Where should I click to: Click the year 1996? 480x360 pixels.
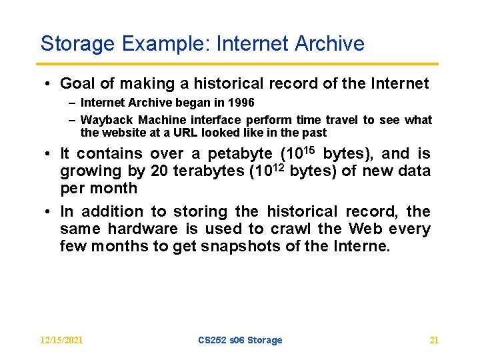(x=241, y=103)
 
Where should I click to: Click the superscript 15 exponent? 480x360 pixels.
(x=310, y=150)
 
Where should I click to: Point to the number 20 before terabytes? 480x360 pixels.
(x=159, y=171)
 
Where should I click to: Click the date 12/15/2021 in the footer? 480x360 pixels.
(x=61, y=340)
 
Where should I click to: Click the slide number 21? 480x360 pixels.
(x=434, y=340)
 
